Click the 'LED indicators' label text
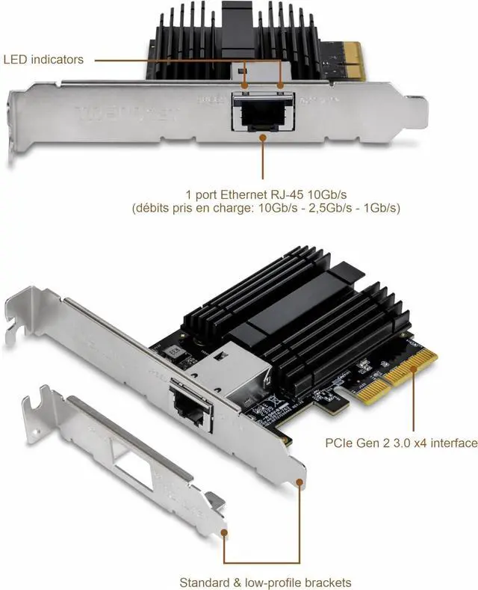43,59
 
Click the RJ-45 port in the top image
262,111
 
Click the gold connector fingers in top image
351,60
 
